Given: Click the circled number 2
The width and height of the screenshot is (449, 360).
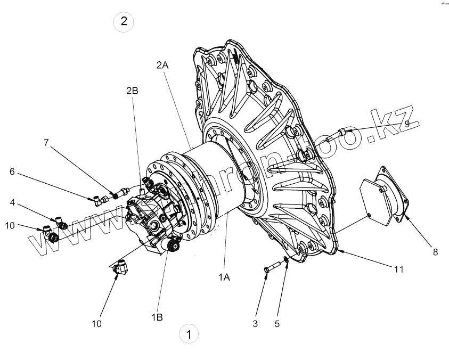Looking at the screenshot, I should point(124,22).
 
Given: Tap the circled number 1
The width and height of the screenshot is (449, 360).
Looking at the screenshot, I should point(189,334).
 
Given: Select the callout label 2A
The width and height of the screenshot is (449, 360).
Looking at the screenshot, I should point(162,65).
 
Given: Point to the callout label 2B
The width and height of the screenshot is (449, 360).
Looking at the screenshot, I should point(132,91).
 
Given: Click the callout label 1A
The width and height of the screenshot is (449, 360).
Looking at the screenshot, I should point(223,277).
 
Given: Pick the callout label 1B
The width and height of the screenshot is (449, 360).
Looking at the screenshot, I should point(157,317).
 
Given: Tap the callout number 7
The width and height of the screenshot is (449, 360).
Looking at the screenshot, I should point(46,142).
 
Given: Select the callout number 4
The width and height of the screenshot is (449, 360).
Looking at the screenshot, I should point(12,202).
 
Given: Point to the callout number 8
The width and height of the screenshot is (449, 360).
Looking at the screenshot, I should point(435,252).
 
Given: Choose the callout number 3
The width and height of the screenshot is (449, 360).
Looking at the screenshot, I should point(255,323).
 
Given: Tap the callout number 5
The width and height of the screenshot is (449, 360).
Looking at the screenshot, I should point(276,323).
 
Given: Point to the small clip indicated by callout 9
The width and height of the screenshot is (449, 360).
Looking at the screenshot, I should point(342,132).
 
